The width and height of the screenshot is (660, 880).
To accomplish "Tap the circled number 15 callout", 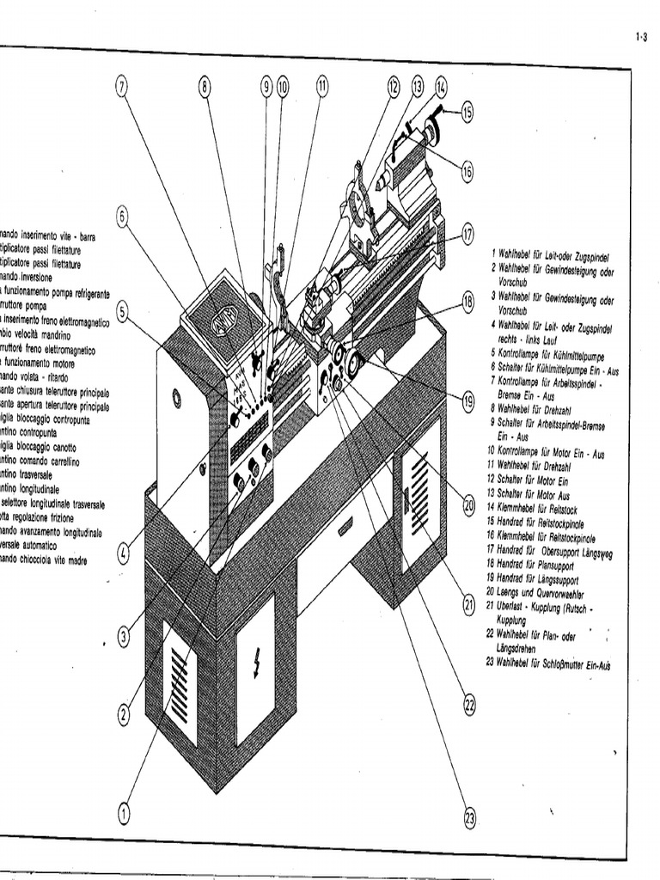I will click(467, 111).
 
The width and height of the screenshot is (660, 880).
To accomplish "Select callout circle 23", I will click(469, 819).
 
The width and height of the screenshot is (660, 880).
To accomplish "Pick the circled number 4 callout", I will click(123, 553).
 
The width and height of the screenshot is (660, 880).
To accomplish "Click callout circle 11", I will click(322, 85).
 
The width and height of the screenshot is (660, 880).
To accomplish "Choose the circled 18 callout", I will click(468, 302).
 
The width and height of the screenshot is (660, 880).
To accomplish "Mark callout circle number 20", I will click(469, 506).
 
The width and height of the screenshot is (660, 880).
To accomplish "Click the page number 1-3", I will click(640, 37).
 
